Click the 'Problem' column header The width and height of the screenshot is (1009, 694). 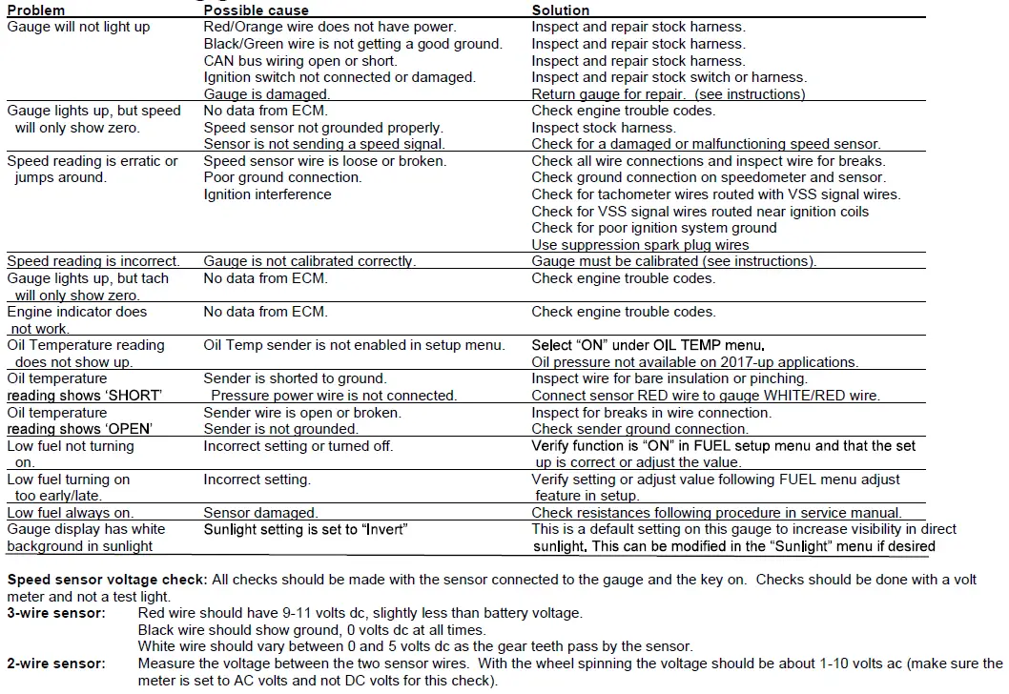click(36, 10)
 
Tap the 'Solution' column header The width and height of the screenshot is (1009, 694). click(561, 10)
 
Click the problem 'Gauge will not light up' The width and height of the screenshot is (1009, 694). click(78, 27)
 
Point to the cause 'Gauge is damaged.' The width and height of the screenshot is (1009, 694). click(266, 94)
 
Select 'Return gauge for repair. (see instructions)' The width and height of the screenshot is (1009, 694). click(668, 94)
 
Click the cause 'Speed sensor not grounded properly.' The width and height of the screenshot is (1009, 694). click(322, 128)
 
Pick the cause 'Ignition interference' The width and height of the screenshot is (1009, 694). click(267, 194)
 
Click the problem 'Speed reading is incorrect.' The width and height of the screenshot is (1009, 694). click(93, 261)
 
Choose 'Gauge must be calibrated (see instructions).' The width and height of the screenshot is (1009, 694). click(673, 261)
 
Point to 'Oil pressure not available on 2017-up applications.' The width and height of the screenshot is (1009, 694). click(694, 362)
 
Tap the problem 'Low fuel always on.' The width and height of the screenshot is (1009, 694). click(71, 513)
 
